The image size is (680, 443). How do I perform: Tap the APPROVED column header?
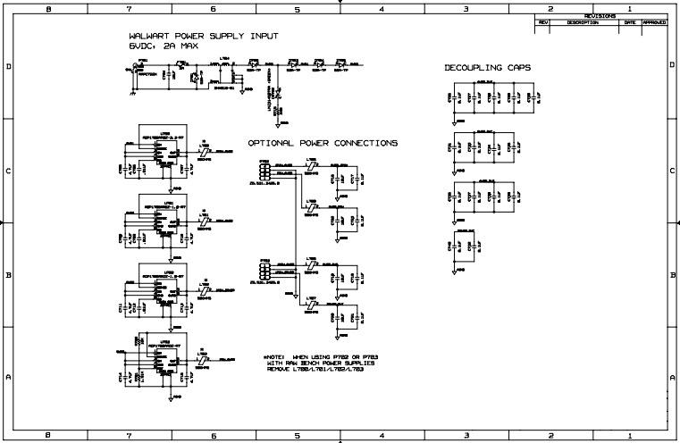point(655,22)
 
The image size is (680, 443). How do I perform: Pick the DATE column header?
point(631,22)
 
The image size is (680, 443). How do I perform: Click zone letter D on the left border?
point(7,67)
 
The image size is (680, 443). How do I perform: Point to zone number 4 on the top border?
point(382,7)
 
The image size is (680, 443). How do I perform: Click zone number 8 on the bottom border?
point(46,436)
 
